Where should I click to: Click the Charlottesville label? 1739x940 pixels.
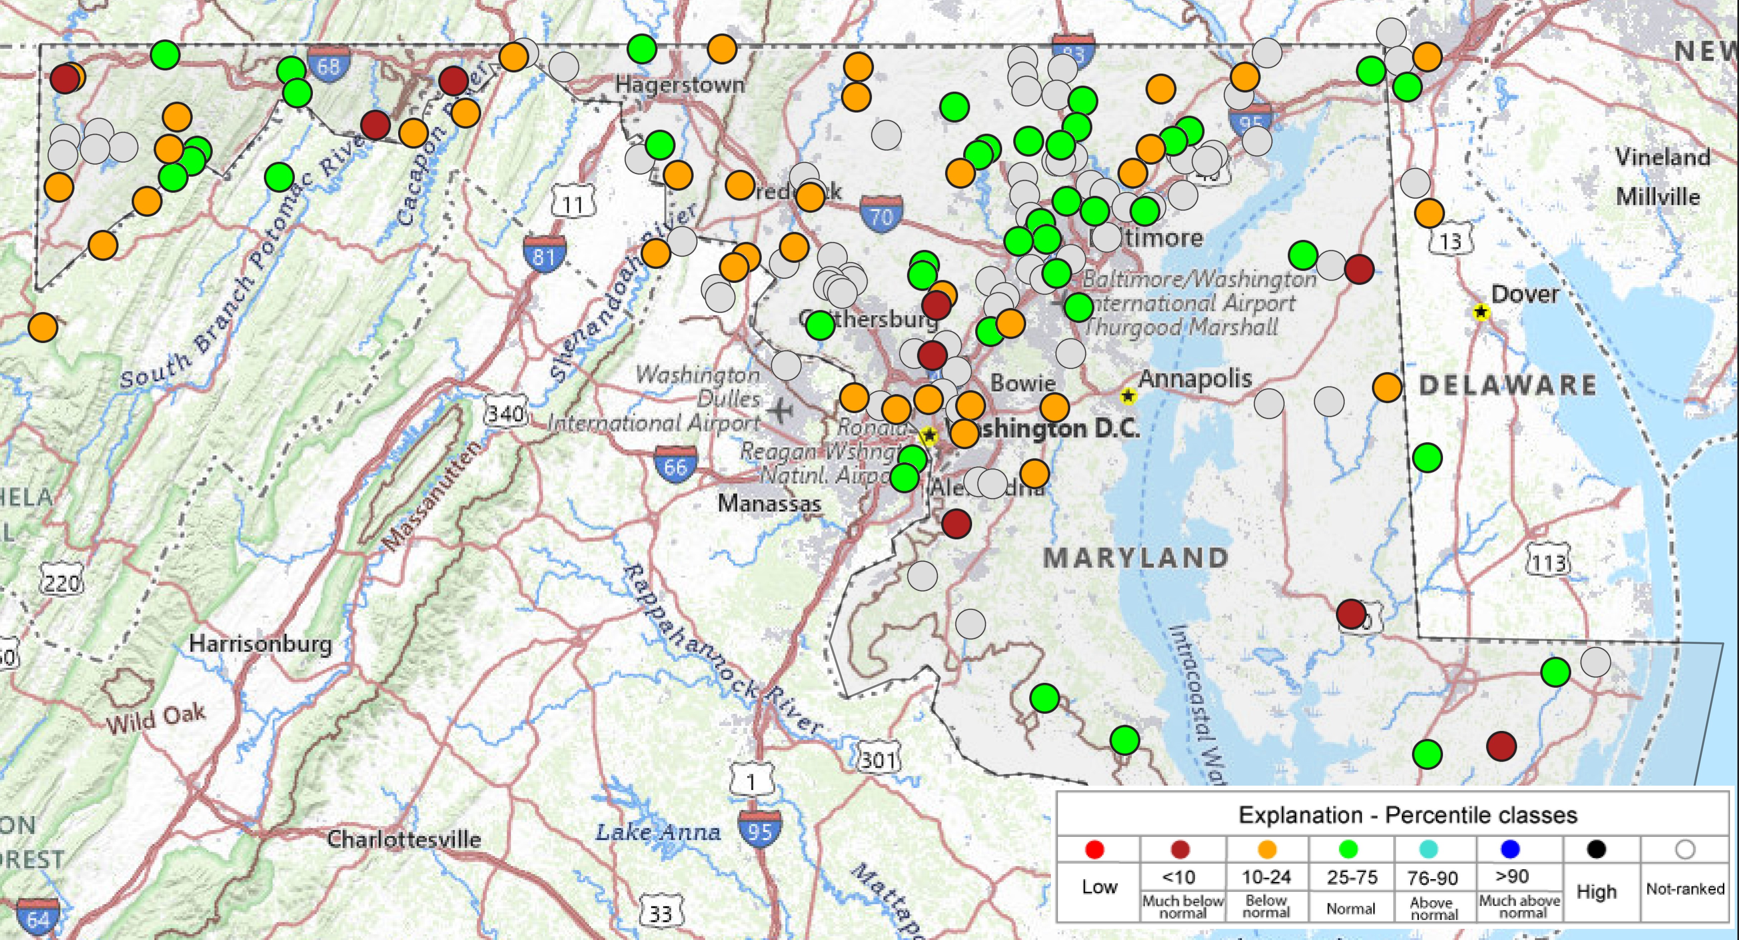point(404,839)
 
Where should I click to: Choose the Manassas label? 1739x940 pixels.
point(769,503)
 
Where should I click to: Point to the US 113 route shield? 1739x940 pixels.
point(1548,562)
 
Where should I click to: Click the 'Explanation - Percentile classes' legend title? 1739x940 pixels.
point(1407,815)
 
